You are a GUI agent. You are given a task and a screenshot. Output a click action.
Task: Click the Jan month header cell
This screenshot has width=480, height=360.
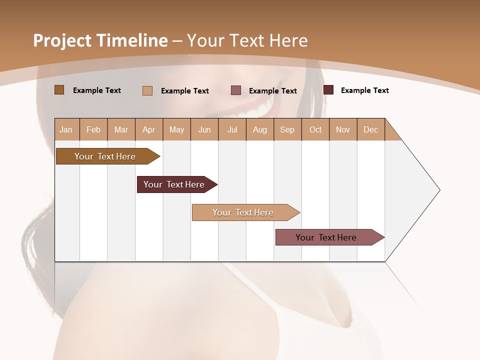[66, 129]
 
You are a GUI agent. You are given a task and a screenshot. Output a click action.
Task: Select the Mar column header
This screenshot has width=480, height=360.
[121, 129]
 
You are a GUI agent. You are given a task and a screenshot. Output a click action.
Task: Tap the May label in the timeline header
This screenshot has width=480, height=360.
[176, 129]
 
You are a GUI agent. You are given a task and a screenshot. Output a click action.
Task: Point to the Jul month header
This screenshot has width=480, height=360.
[232, 129]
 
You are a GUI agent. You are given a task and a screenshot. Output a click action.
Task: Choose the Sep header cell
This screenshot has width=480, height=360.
[287, 129]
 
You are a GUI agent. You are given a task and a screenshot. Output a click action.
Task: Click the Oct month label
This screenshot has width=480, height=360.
[315, 129]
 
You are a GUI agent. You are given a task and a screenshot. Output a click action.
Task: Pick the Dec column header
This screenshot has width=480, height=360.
[370, 129]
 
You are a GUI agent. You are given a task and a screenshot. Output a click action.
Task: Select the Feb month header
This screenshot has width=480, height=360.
[93, 129]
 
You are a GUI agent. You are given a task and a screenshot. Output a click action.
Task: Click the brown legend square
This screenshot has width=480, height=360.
[59, 90]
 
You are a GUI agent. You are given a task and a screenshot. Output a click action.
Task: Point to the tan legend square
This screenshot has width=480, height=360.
[147, 90]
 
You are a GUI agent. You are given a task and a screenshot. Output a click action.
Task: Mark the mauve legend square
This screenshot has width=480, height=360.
[236, 90]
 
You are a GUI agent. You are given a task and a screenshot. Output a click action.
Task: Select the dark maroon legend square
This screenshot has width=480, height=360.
[328, 90]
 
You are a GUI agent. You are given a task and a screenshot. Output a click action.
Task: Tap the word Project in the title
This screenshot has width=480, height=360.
[62, 40]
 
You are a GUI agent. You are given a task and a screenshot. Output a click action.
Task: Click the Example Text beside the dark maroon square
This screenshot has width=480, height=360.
[364, 90]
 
